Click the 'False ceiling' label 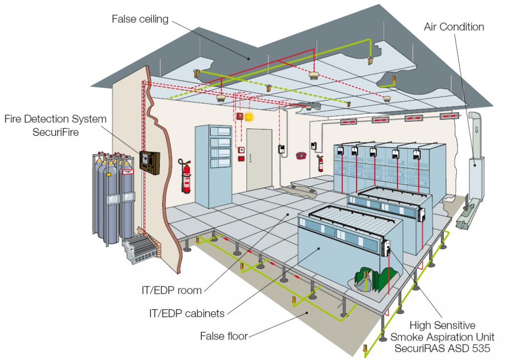pyautogui.click(x=140, y=19)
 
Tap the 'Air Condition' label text pyautogui.click(x=454, y=26)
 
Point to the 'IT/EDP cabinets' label pyautogui.click(x=187, y=313)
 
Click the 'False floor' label pyautogui.click(x=224, y=336)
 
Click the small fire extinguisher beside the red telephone pyautogui.click(x=321, y=163)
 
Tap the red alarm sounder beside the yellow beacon pyautogui.click(x=240, y=116)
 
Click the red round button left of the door pyautogui.click(x=241, y=158)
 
